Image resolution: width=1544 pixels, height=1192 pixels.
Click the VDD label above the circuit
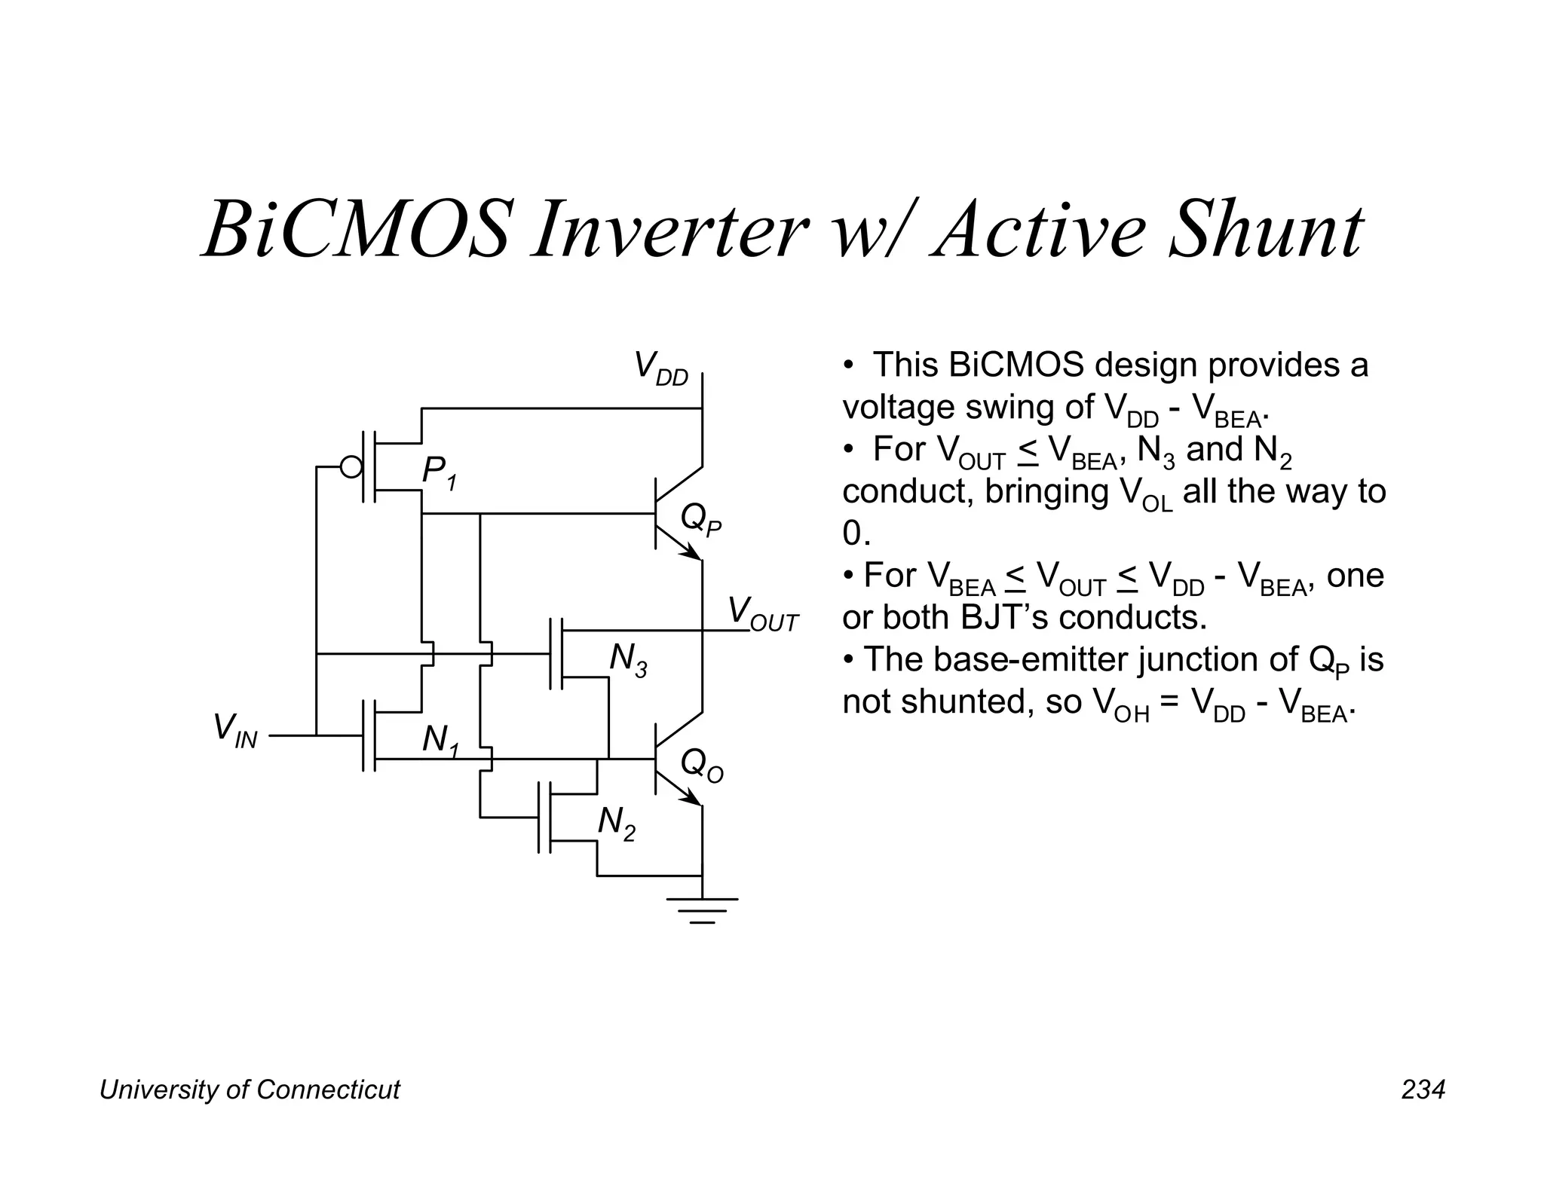pyautogui.click(x=661, y=368)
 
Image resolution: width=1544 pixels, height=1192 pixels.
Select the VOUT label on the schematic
pyautogui.click(x=761, y=614)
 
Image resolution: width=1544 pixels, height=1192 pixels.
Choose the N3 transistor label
pyautogui.click(x=628, y=661)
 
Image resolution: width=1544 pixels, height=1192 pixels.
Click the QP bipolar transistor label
pyautogui.click(x=700, y=520)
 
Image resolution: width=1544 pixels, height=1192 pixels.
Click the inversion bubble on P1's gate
pyautogui.click(x=351, y=467)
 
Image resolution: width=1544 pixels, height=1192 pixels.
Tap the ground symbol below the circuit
pyautogui.click(x=702, y=909)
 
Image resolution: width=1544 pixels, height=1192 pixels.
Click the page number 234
pyautogui.click(x=1423, y=1090)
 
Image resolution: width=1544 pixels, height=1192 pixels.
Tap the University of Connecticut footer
pyautogui.click(x=250, y=1090)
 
